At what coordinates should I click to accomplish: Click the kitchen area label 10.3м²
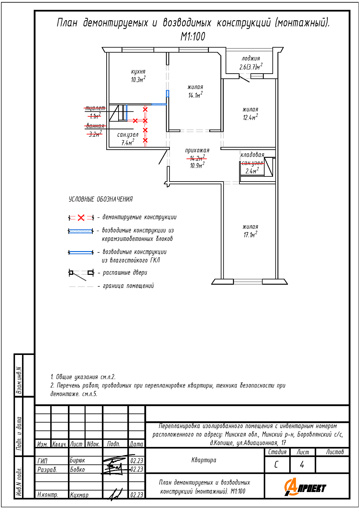point(138,80)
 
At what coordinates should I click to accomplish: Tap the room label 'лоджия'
point(251,58)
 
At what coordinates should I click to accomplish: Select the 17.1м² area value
point(250,234)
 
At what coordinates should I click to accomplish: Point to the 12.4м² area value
point(250,117)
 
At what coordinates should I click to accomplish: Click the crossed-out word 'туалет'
point(95,108)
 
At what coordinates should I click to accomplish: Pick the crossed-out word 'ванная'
point(95,126)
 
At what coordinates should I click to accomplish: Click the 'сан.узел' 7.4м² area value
point(128,143)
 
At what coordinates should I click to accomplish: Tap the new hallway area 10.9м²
point(197,166)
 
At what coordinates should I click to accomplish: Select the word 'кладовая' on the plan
point(252,155)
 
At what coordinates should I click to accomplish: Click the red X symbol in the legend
point(81,218)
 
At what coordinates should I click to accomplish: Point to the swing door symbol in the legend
point(81,274)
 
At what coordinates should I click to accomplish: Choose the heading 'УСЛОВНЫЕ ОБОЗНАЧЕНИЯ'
point(101,199)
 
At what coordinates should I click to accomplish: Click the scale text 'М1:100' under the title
point(193,36)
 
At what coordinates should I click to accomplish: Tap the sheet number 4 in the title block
point(302,464)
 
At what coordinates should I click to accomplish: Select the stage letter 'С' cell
point(276,464)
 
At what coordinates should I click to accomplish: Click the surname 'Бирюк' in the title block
point(77,460)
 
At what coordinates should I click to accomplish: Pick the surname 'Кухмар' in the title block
point(79,495)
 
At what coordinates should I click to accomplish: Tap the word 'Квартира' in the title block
point(204,460)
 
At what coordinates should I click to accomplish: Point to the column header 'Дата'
point(137,444)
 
